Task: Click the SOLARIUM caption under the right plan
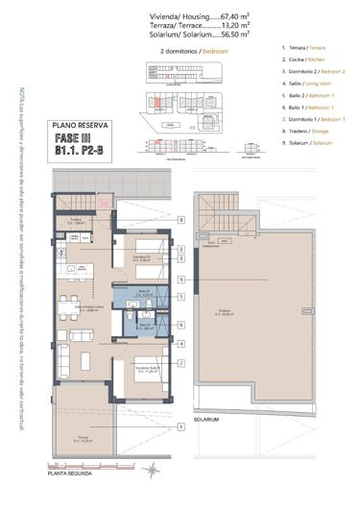coord(205,421)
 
